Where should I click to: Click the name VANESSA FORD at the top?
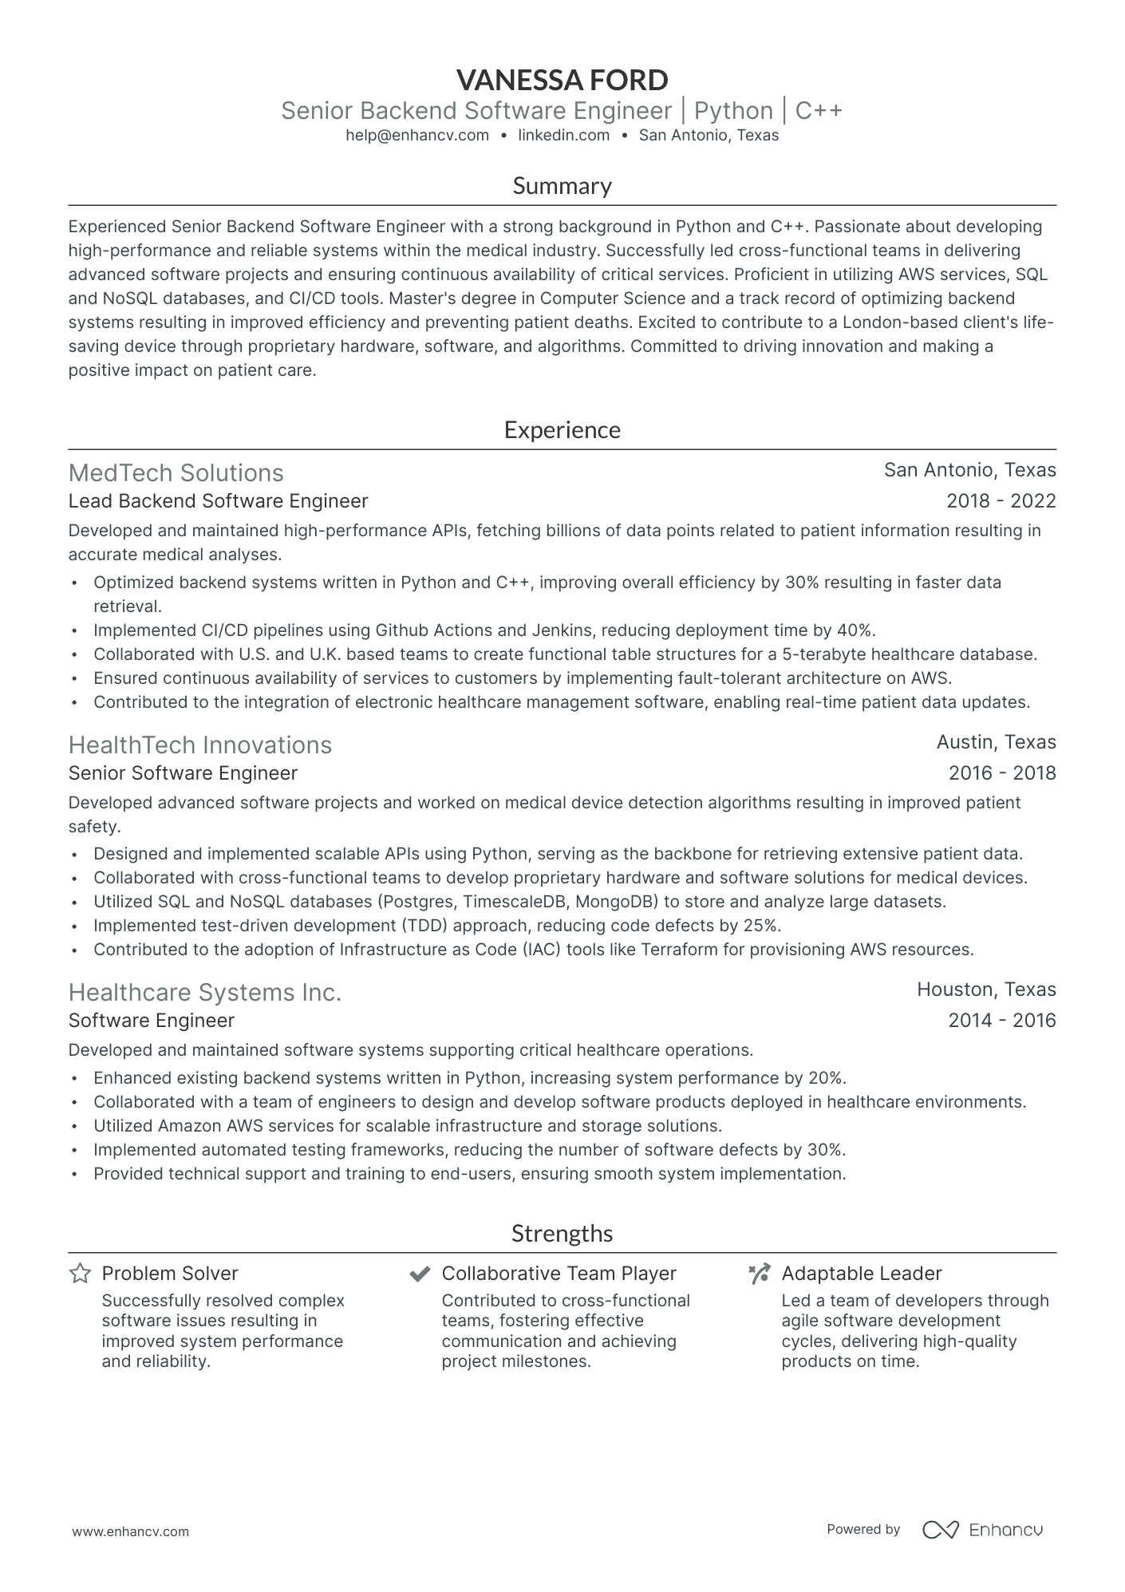(562, 80)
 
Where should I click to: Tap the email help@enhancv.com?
(417, 136)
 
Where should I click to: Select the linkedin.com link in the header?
(563, 136)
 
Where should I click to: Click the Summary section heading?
(562, 186)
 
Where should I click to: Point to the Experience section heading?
(562, 430)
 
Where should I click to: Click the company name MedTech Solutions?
(176, 473)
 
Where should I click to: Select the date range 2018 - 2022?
(1001, 501)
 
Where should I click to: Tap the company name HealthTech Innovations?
(199, 745)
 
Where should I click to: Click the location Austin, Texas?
(996, 742)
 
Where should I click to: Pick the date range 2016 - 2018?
(1001, 773)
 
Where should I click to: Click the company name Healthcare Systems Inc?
(204, 993)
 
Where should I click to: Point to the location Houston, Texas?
(985, 990)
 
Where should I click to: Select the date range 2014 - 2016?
(1001, 1021)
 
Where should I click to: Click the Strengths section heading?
(562, 1234)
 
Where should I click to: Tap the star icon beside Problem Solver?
(80, 1274)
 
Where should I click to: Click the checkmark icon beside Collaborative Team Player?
(420, 1274)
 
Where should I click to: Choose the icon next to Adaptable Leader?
(760, 1274)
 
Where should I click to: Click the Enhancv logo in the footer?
(982, 1530)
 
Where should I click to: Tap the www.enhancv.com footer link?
(131, 1531)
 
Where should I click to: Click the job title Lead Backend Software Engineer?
(218, 501)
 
